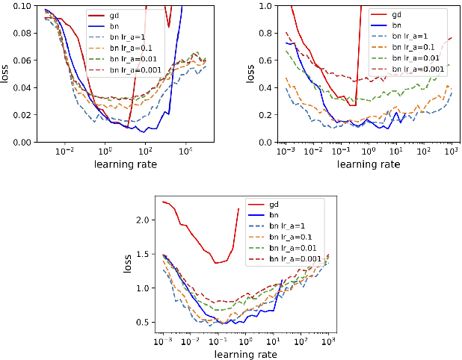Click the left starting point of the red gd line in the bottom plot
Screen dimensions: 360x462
(163, 202)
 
